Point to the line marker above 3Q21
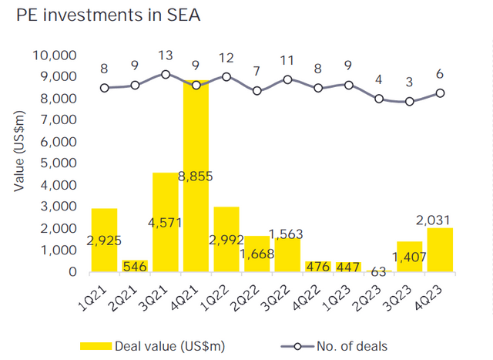click(x=166, y=74)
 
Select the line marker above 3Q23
click(x=410, y=101)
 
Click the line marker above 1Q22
click(x=226, y=76)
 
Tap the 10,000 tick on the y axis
click(x=53, y=56)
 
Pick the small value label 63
click(x=377, y=271)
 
